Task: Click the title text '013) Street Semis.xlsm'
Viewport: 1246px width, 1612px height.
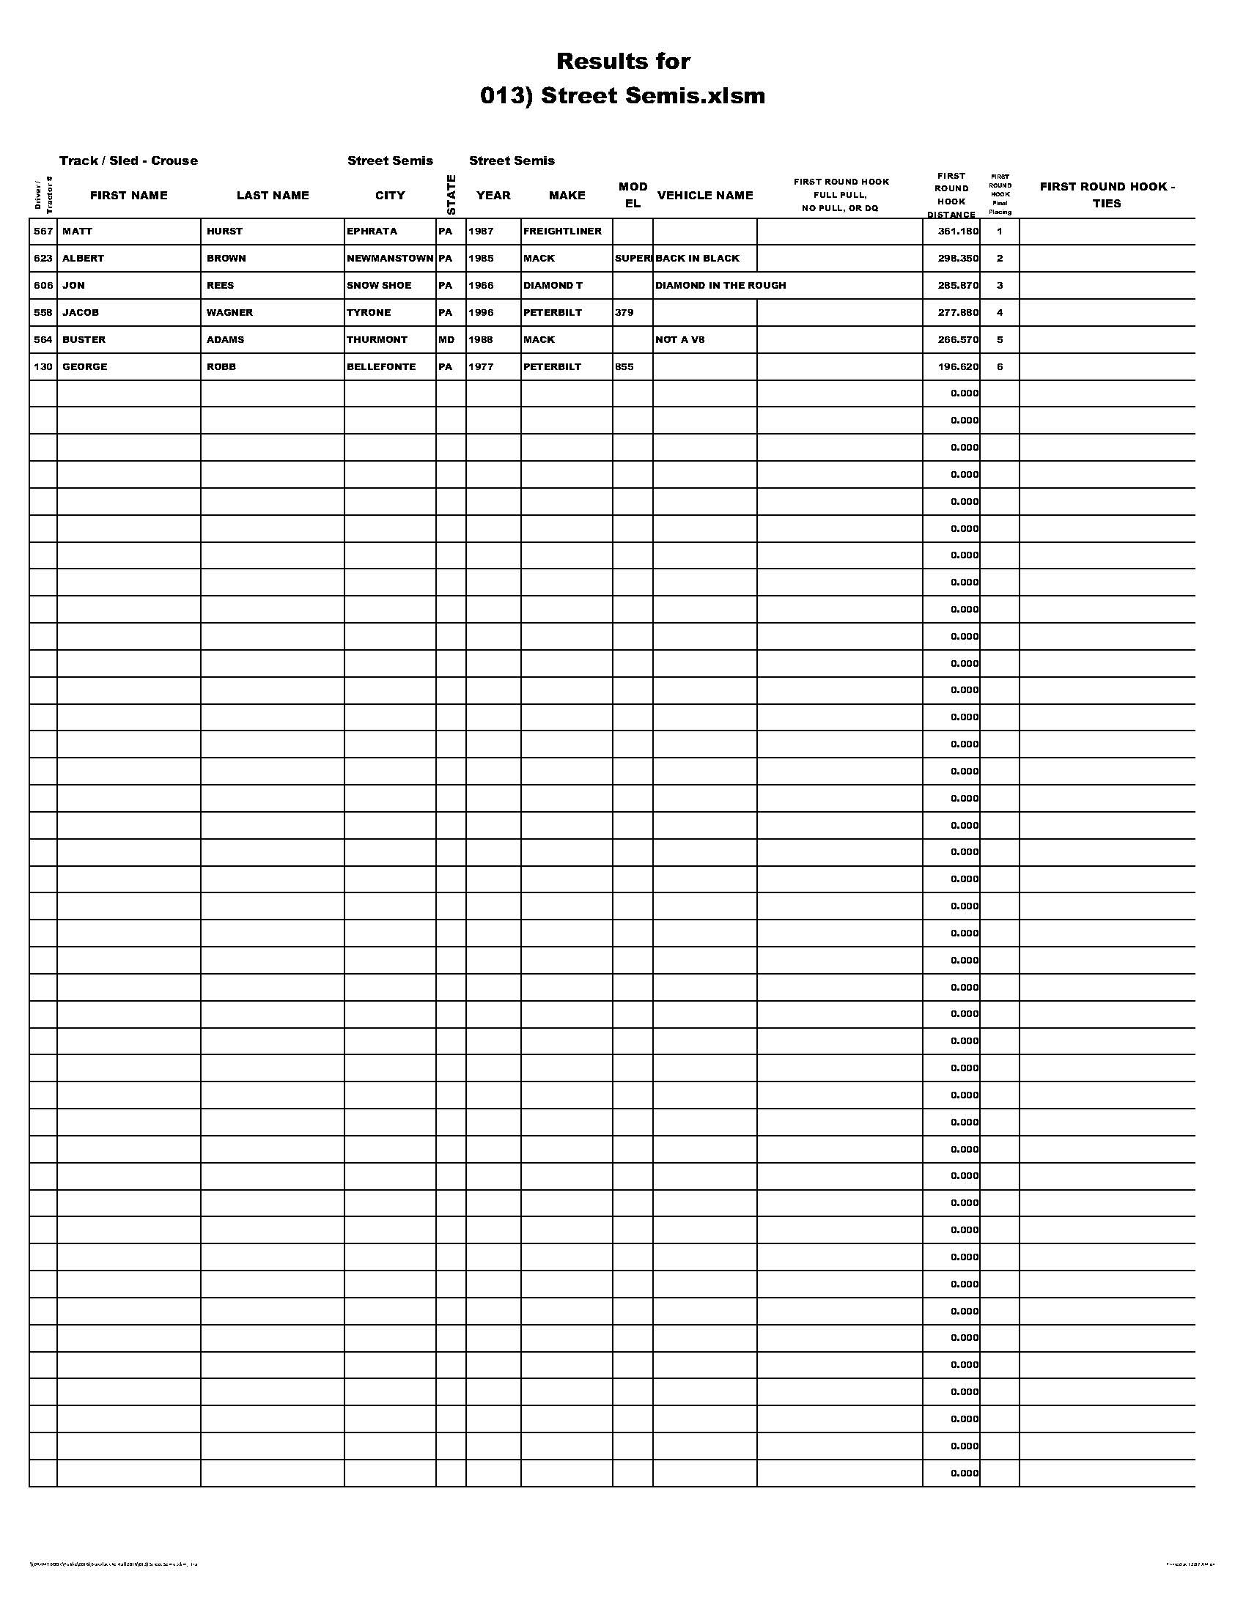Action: pos(622,96)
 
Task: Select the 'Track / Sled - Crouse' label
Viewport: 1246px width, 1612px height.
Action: pos(128,161)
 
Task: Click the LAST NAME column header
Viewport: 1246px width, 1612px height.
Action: pos(273,196)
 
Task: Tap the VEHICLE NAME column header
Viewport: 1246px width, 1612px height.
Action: pos(705,196)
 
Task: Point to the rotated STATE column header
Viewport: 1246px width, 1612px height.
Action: pos(451,195)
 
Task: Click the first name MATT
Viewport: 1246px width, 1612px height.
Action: pos(78,232)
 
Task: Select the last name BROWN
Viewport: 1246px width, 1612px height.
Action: pos(226,259)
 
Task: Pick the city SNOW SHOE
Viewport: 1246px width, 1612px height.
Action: pos(379,286)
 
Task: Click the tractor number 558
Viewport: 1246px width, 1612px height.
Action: pos(43,313)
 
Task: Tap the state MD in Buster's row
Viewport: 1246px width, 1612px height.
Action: pos(446,340)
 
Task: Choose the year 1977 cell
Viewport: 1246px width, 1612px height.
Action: pos(481,367)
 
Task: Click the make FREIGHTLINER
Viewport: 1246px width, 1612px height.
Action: pos(561,232)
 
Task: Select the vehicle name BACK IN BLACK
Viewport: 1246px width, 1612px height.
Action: pos(697,259)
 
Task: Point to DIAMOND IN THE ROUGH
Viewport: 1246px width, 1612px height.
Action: pos(720,286)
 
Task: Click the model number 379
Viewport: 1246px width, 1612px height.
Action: pos(624,313)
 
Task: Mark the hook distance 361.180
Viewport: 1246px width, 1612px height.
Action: pos(958,232)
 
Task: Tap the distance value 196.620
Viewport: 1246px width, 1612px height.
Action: pos(958,367)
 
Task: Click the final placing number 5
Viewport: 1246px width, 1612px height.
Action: pos(1000,340)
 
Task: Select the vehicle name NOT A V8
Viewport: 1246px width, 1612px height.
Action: pos(680,340)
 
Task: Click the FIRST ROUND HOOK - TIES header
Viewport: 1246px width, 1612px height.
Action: pos(1107,195)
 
